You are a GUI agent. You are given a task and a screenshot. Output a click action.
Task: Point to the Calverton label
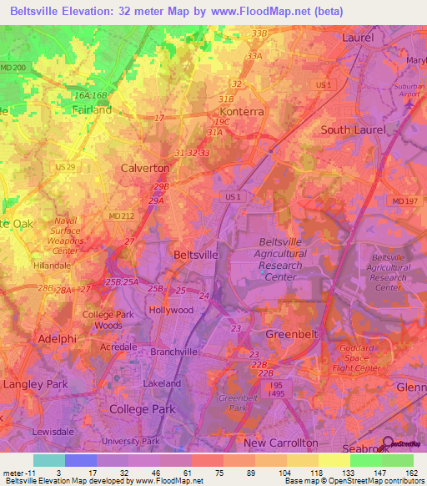[146, 167]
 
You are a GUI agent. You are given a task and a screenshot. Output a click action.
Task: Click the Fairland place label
[91, 109]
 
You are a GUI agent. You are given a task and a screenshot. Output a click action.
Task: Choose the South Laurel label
[354, 130]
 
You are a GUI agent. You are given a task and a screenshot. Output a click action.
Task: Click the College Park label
[143, 409]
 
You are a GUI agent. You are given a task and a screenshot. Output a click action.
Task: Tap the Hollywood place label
[170, 310]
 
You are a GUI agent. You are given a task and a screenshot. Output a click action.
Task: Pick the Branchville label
[173, 352]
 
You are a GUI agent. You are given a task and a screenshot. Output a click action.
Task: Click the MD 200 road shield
[13, 66]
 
